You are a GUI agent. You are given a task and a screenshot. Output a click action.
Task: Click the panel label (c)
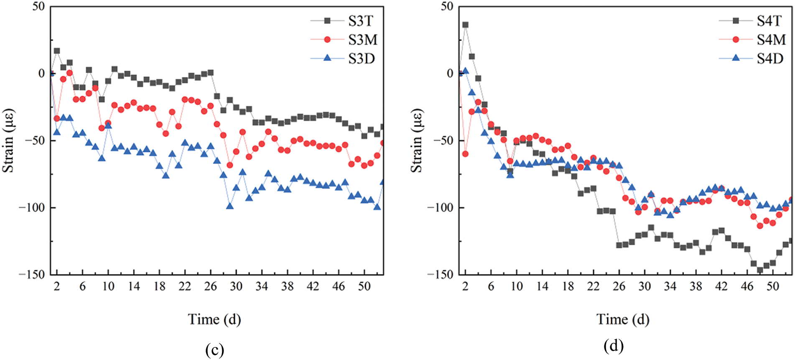(x=214, y=350)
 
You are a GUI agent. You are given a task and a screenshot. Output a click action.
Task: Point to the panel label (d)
(x=613, y=346)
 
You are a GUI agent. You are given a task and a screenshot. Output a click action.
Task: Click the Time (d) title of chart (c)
(x=214, y=319)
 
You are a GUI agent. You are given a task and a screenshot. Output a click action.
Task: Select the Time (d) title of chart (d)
(x=623, y=319)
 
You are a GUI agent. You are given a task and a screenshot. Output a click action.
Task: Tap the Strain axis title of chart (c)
(x=8, y=140)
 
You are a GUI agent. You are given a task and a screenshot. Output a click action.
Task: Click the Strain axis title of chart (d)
(x=417, y=140)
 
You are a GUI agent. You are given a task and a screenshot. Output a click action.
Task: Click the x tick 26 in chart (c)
(x=211, y=286)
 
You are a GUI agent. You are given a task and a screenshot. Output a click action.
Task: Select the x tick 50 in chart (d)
(x=773, y=286)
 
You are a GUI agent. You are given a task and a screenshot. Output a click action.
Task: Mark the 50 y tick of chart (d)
(x=447, y=7)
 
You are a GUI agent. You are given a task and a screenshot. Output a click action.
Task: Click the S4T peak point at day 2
(x=465, y=25)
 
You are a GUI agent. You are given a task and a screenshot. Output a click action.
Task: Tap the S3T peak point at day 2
(x=57, y=51)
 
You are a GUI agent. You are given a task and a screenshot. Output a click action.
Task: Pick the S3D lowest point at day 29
(x=229, y=206)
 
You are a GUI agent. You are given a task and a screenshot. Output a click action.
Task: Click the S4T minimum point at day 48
(x=760, y=270)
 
